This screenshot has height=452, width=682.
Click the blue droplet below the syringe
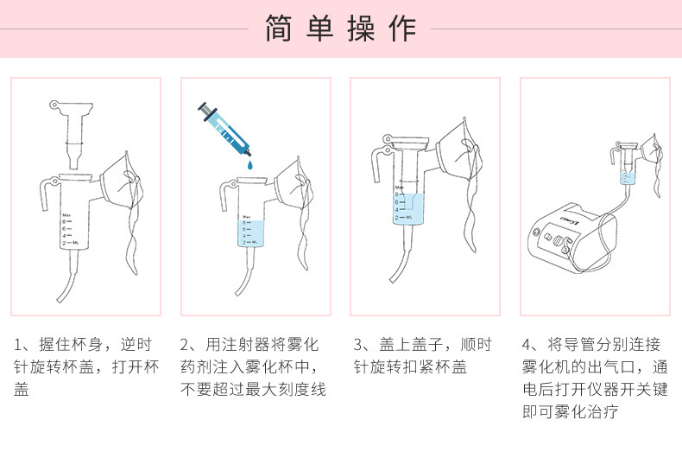(249, 163)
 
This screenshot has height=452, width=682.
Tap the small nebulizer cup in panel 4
(628, 173)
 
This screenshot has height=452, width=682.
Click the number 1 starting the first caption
(18, 345)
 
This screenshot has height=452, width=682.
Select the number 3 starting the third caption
(358, 345)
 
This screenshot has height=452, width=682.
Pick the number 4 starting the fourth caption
(527, 345)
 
